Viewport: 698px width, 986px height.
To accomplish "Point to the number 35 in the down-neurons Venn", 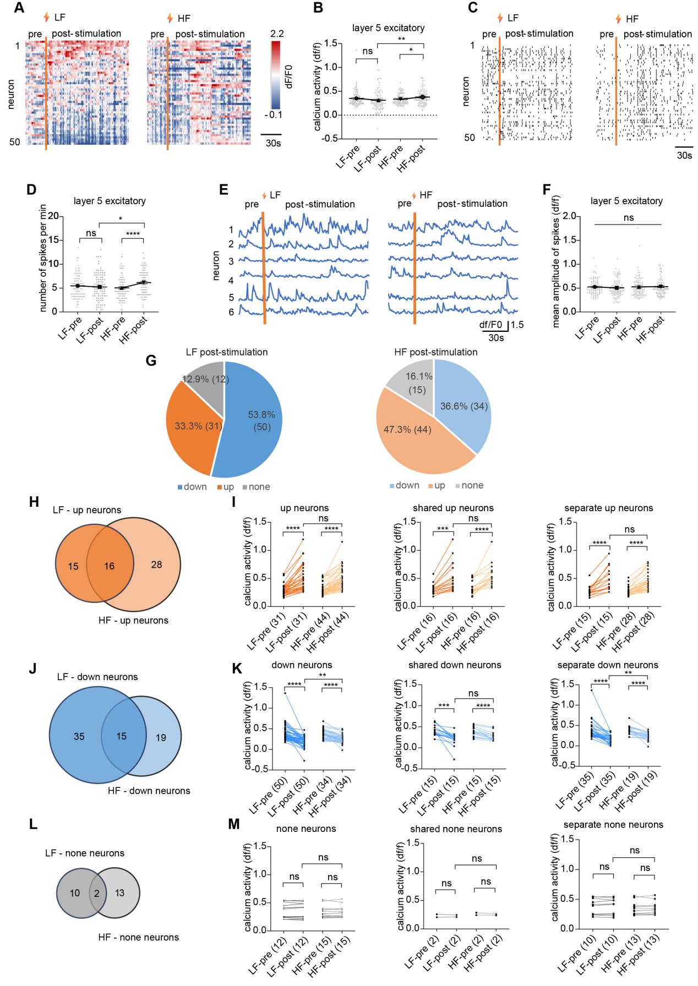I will [x=79, y=736].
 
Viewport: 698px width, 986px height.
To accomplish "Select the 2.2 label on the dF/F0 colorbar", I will [x=277, y=33].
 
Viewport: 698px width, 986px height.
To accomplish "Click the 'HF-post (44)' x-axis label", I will [x=337, y=627].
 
